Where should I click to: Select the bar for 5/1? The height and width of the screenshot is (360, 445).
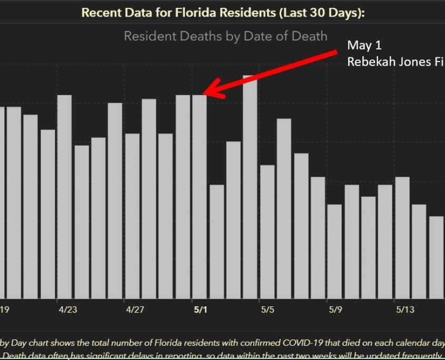coord(200,197)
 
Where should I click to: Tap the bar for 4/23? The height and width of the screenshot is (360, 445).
coord(64,197)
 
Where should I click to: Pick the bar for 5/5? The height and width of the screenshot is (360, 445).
coord(267,232)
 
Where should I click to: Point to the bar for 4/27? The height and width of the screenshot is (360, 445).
coord(132,216)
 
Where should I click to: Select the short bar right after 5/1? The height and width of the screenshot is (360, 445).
coord(216,242)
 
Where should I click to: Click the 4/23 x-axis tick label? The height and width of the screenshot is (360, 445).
coord(67,309)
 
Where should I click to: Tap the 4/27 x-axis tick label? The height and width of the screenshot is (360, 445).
coord(135,309)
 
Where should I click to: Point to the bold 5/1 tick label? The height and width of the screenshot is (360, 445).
coord(200,309)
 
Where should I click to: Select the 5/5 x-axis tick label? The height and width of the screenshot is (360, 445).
coord(268,309)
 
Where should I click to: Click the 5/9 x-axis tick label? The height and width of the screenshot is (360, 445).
coord(335,309)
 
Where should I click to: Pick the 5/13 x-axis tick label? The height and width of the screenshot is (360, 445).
coord(404,309)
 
